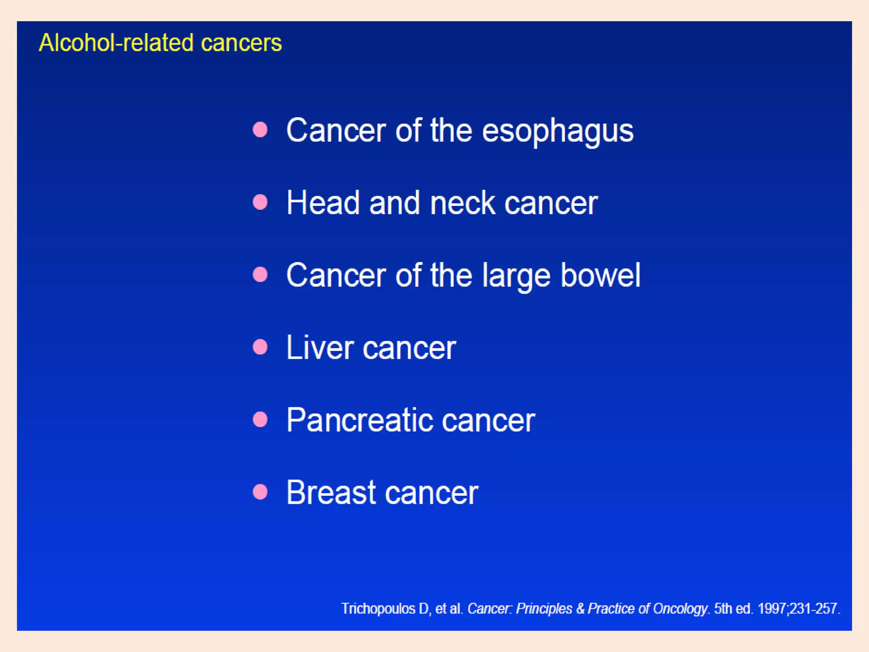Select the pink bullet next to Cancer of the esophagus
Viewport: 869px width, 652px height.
pyautogui.click(x=260, y=129)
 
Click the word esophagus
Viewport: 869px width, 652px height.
pyautogui.click(x=558, y=131)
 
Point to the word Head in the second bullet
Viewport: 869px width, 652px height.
pyautogui.click(x=323, y=203)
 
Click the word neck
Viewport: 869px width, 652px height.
pyautogui.click(x=462, y=203)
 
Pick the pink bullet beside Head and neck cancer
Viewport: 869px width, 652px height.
pyautogui.click(x=260, y=202)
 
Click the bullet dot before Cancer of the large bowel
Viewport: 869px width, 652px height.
pyautogui.click(x=260, y=274)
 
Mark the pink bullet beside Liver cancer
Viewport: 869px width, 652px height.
pyautogui.click(x=260, y=347)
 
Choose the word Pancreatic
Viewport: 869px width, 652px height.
pyautogui.click(x=359, y=420)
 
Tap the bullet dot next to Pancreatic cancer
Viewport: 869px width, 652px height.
pyautogui.click(x=260, y=419)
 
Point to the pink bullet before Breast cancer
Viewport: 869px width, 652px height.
pyautogui.click(x=260, y=492)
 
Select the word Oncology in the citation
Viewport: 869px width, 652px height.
pyautogui.click(x=680, y=609)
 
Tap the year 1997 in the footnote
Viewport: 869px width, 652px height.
pyautogui.click(x=773, y=609)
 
